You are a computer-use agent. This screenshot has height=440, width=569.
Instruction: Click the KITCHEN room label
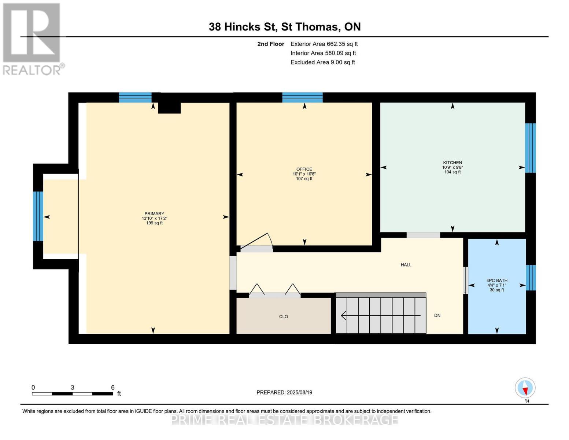coord(452,162)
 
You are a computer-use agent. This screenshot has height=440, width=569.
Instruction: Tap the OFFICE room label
coord(304,169)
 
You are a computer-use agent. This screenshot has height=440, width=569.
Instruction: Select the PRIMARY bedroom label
coord(154,213)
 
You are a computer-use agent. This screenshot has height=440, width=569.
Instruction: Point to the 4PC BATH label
coord(497,280)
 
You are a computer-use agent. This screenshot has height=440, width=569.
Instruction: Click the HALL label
coord(406,265)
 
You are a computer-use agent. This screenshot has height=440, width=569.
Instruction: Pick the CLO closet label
coord(283,316)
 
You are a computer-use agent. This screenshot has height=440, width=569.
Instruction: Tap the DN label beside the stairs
coord(437,316)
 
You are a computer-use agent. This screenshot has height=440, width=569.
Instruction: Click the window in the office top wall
coord(302,97)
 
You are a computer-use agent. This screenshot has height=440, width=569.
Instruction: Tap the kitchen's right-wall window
coord(530,148)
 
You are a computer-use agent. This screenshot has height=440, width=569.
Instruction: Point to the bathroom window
coord(531,278)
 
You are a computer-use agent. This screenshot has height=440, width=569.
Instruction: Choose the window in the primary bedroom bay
coord(38,216)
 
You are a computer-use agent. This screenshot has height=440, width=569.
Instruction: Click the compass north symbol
coord(525,388)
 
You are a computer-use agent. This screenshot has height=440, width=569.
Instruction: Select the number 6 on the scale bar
coord(113,387)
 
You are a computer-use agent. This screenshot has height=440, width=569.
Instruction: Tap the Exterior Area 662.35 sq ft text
coord(324,44)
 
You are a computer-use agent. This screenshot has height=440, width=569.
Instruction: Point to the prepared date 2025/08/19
coord(299,392)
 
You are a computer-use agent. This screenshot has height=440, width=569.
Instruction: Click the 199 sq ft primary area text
coord(154,223)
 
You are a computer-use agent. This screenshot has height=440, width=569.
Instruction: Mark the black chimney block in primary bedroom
coord(169,108)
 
